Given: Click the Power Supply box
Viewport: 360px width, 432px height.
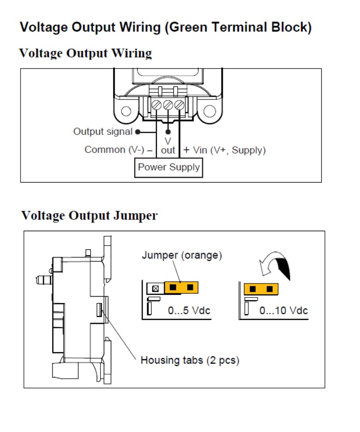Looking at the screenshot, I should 168,168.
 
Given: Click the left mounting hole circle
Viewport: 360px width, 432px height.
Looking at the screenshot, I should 126,111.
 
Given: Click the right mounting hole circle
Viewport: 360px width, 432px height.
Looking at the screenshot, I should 209,111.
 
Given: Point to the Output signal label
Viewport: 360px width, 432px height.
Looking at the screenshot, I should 103,132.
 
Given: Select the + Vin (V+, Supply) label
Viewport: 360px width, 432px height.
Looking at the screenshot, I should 224,150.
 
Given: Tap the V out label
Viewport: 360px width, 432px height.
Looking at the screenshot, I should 168,146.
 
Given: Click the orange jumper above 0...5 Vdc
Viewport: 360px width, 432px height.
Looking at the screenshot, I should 181,288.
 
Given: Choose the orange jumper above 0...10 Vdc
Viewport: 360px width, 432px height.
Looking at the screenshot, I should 261,289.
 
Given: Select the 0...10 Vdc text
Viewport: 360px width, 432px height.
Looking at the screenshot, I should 284,311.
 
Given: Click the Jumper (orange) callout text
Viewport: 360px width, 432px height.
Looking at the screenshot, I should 182,255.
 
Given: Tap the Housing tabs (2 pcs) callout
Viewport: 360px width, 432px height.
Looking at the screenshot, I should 190,360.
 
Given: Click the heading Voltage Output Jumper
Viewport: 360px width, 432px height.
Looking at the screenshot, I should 90,216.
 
